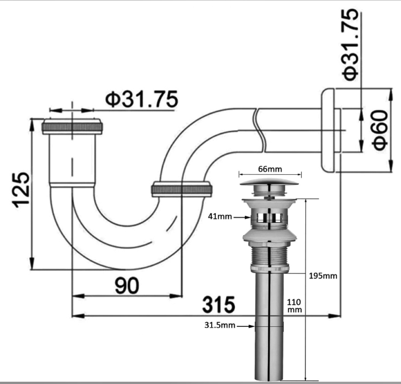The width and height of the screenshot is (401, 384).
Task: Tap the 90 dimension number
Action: (x=127, y=285)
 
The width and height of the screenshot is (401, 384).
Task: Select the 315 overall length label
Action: (x=218, y=305)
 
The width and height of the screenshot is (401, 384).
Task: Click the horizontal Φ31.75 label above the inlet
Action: (x=142, y=99)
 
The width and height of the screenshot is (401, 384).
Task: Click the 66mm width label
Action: (x=270, y=169)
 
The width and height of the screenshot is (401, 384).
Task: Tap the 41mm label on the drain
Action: (x=220, y=217)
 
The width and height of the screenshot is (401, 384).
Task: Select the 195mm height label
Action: (x=323, y=276)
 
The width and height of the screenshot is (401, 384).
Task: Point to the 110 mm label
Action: (x=294, y=306)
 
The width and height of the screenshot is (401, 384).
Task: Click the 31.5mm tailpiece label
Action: (x=220, y=325)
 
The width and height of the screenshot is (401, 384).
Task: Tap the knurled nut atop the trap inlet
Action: (x=72, y=126)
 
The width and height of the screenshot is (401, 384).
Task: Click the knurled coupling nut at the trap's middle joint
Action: (x=181, y=189)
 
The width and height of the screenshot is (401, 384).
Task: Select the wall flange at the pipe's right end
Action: (x=328, y=130)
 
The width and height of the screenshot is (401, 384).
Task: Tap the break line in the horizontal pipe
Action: (x=259, y=131)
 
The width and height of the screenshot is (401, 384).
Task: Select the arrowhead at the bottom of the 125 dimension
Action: (x=32, y=263)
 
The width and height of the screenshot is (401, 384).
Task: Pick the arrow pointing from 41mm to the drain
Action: (x=242, y=218)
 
